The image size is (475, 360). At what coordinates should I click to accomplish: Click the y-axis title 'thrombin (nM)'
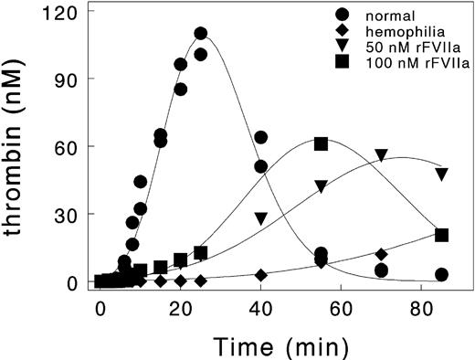coord(20,146)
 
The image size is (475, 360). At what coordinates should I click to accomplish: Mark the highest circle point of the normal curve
coord(200,34)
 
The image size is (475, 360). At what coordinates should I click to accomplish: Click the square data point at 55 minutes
coord(321,144)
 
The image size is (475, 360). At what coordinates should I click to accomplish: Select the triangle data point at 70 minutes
coord(381,156)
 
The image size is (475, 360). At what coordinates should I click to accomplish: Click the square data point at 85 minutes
coord(441,235)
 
